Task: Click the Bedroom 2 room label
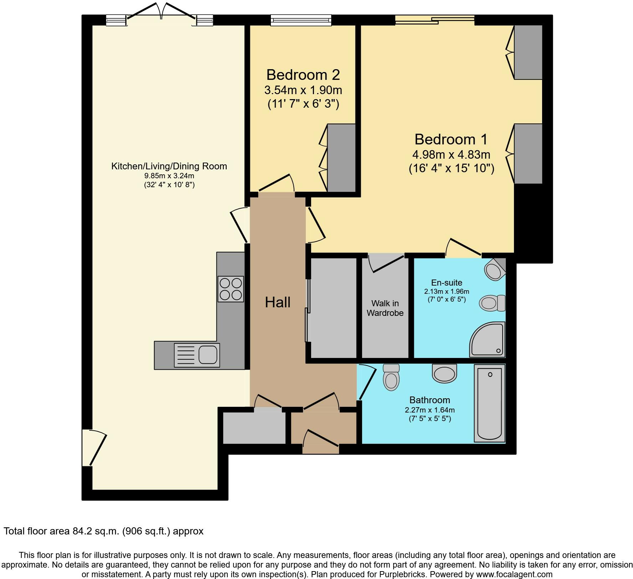pyautogui.click(x=303, y=75)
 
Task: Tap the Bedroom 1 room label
pyautogui.click(x=451, y=139)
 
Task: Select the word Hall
pyautogui.click(x=278, y=302)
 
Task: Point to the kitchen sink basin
pyautogui.click(x=208, y=355)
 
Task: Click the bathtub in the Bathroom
pyautogui.click(x=490, y=403)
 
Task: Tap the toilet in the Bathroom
pyautogui.click(x=391, y=377)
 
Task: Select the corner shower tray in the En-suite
pyautogui.click(x=487, y=339)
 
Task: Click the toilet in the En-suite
pyautogui.click(x=492, y=303)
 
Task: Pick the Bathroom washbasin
pyautogui.click(x=444, y=373)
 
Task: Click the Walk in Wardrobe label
pyautogui.click(x=385, y=308)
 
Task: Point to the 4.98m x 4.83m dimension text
pyautogui.click(x=451, y=155)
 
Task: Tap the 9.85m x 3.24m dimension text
pyautogui.click(x=169, y=176)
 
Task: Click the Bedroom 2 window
pyautogui.click(x=301, y=20)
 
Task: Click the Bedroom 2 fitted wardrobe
pyautogui.click(x=341, y=158)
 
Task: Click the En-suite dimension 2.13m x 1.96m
pyautogui.click(x=447, y=291)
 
